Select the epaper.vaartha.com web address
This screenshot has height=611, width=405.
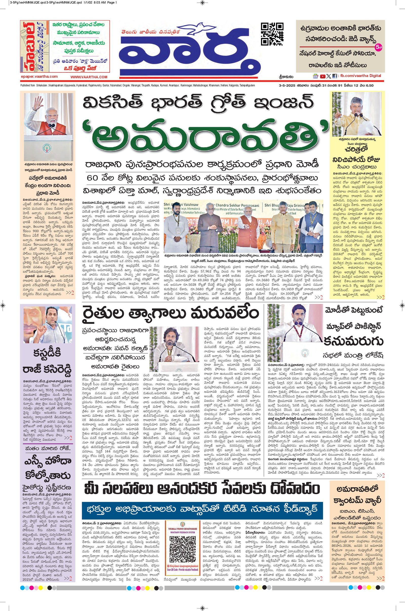[x=39, y=77]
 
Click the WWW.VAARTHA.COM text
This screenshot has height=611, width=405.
[x=89, y=77]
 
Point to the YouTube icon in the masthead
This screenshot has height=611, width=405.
[x=322, y=76]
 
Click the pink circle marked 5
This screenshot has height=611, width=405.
[x=378, y=48]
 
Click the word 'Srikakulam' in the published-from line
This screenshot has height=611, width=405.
[x=41, y=86]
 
